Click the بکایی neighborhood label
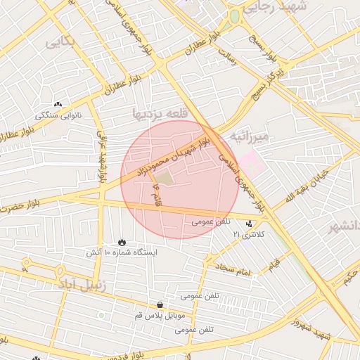tap(60, 42)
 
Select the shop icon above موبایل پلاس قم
tap(161, 305)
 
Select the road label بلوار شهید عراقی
tap(101, 159)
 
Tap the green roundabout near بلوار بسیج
tap(235, 15)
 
